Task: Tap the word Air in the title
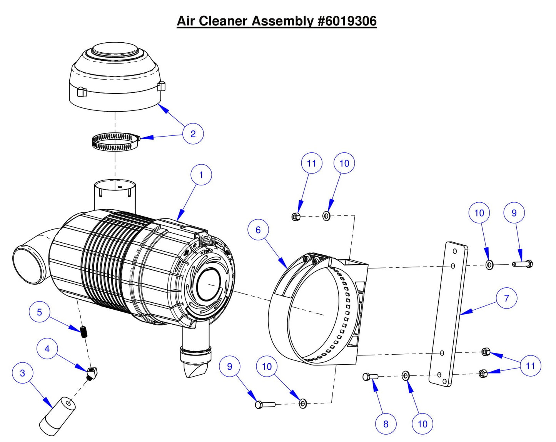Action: pos(185,21)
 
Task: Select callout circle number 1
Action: pos(201,175)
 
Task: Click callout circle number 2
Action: pos(193,134)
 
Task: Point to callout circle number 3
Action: pos(22,373)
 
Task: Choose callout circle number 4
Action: pos(47,349)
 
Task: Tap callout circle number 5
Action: pos(39,312)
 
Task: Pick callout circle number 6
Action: pos(258,230)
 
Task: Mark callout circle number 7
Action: pos(506,298)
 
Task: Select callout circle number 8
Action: pos(386,424)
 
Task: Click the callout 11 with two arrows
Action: pos(530,366)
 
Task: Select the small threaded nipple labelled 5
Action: pos(83,331)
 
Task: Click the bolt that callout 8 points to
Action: pos(370,377)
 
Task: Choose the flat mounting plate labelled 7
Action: pos(448,314)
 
